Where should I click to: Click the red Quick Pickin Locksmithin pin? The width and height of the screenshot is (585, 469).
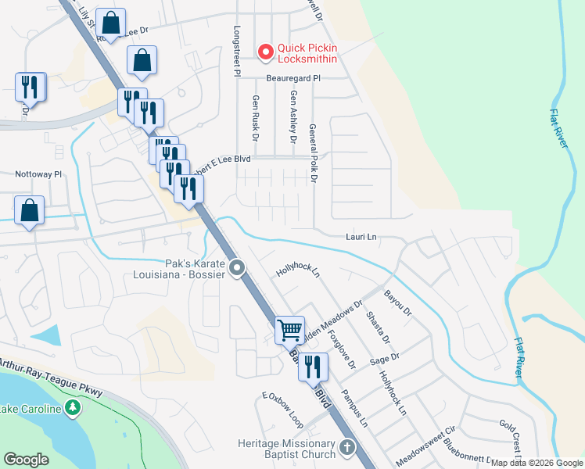(x=266, y=52)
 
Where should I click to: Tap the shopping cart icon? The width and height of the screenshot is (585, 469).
(x=289, y=331)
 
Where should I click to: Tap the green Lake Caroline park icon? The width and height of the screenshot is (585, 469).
(x=73, y=408)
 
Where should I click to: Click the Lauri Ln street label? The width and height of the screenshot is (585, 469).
(x=361, y=236)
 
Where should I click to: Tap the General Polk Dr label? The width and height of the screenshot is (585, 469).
(x=313, y=152)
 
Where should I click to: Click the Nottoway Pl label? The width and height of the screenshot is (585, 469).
(x=38, y=174)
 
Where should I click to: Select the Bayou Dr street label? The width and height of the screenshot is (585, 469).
(x=398, y=303)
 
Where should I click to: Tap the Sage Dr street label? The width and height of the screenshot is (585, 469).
(x=385, y=357)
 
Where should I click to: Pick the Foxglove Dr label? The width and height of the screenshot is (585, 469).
(x=343, y=353)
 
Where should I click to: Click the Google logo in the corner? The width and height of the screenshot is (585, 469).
(x=27, y=460)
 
